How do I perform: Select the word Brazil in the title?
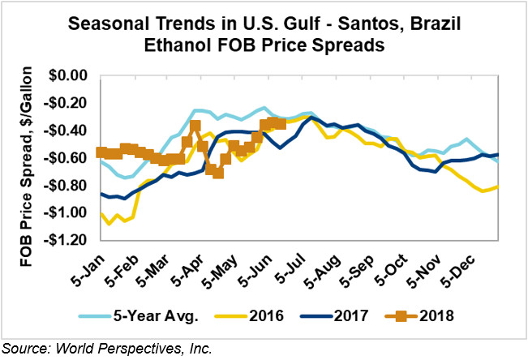click(x=431, y=24)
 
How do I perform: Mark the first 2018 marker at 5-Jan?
click(x=101, y=152)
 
